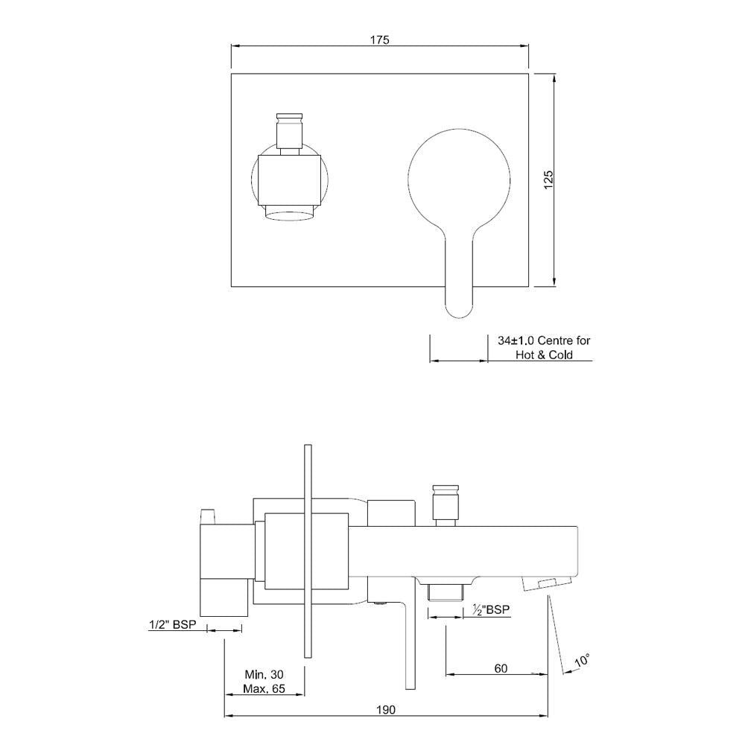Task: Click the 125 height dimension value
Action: tap(548, 180)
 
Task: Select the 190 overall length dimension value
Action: tap(385, 709)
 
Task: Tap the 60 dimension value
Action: tap(500, 668)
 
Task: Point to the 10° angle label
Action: tap(583, 660)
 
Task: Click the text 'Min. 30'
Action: tap(264, 673)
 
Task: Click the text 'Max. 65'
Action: tap(264, 689)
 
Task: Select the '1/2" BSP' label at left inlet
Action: tap(172, 626)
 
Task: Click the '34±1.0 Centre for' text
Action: tap(544, 340)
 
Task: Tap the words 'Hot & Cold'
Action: tap(544, 355)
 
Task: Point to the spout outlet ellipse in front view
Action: tap(291, 215)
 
